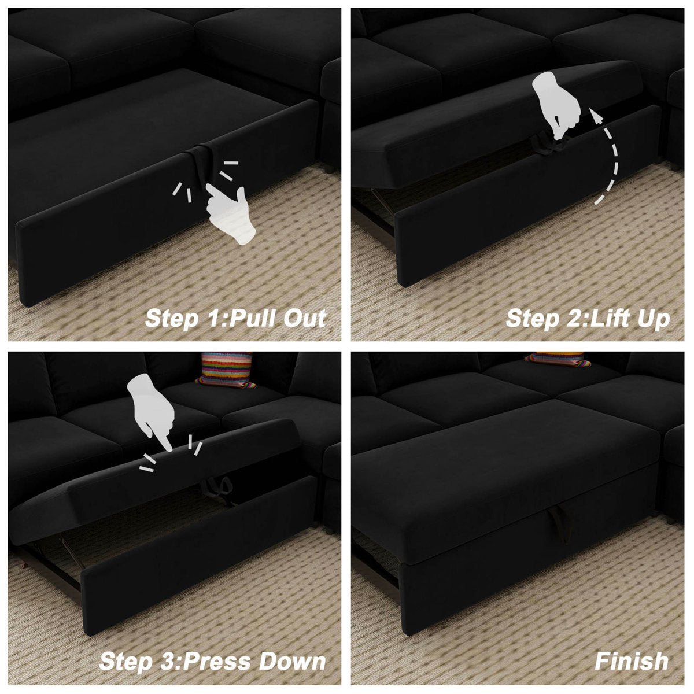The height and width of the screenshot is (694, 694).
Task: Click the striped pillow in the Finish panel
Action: [x=558, y=359]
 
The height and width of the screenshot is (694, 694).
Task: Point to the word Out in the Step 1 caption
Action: [x=305, y=318]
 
